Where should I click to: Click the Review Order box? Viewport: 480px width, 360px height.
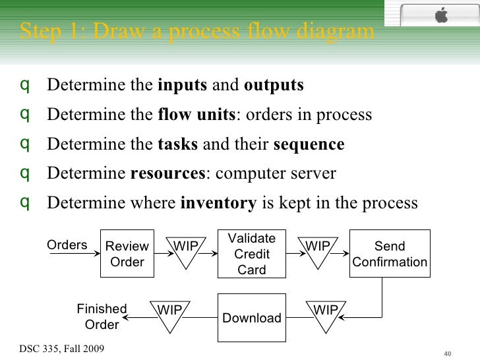click(x=127, y=254)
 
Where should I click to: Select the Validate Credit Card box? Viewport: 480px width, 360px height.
click(x=252, y=254)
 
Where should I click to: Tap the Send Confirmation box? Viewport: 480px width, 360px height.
click(x=390, y=254)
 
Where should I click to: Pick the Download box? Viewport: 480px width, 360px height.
click(x=252, y=318)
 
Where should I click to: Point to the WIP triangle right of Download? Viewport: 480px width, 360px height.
click(x=325, y=315)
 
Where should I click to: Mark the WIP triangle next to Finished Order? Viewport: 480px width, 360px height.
click(x=169, y=315)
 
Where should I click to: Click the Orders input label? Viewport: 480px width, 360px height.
click(x=67, y=245)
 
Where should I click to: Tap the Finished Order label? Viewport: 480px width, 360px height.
click(x=102, y=316)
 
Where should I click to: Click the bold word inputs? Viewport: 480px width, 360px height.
click(x=183, y=86)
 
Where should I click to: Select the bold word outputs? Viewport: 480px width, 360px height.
click(x=274, y=86)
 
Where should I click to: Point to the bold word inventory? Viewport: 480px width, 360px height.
click(x=218, y=203)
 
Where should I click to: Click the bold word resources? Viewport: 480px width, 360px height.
click(x=168, y=174)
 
